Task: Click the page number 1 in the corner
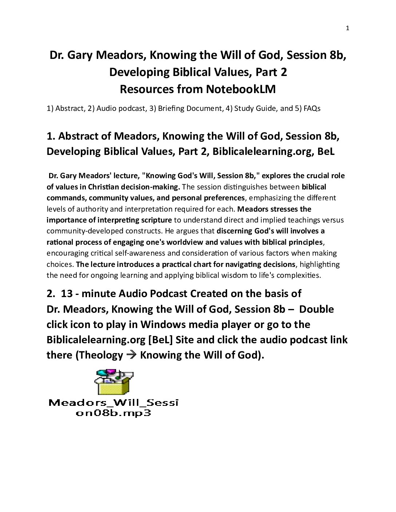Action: click(348, 28)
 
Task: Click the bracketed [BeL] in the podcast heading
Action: click(161, 340)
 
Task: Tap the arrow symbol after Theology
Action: click(131, 355)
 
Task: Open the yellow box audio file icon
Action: click(114, 383)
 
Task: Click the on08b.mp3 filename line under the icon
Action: click(113, 413)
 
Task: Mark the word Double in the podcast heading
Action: click(316, 309)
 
